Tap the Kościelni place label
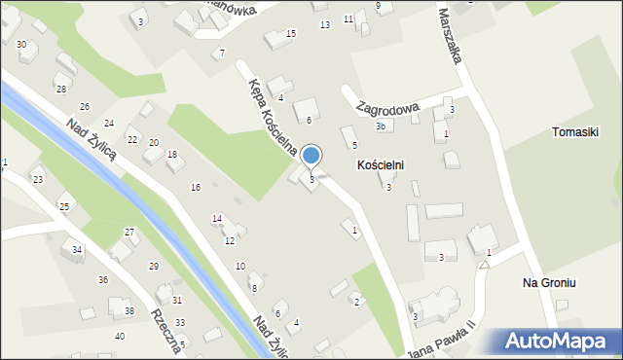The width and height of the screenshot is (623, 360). point(380,166)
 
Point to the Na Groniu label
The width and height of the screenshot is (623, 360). point(550,282)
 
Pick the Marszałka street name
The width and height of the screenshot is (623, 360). point(448,38)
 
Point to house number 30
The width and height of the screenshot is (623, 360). point(21,45)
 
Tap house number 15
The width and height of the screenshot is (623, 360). point(290,34)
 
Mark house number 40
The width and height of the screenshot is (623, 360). point(120,336)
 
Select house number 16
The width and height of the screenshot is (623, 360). point(196,187)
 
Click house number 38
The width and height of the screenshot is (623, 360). point(129,311)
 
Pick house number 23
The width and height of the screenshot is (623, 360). point(38,179)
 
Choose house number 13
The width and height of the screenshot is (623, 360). point(325,24)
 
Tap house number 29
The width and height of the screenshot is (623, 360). point(153,266)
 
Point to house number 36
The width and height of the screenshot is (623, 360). point(103,279)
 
